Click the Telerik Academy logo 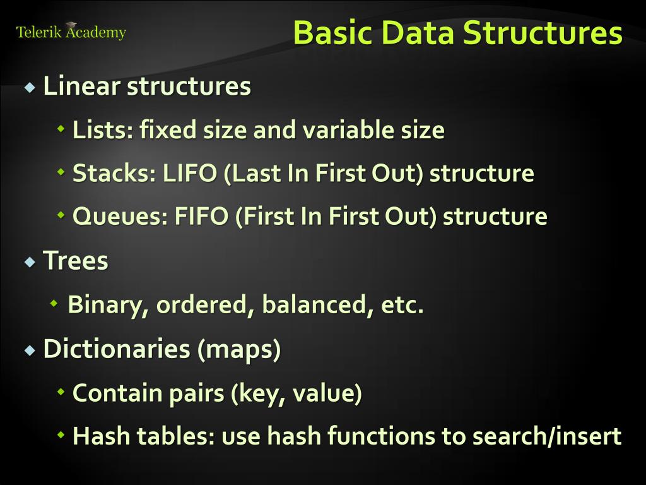(71, 32)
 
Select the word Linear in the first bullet (81, 87)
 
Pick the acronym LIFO (189, 174)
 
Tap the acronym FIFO (201, 217)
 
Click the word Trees (75, 261)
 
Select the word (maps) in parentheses (239, 350)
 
